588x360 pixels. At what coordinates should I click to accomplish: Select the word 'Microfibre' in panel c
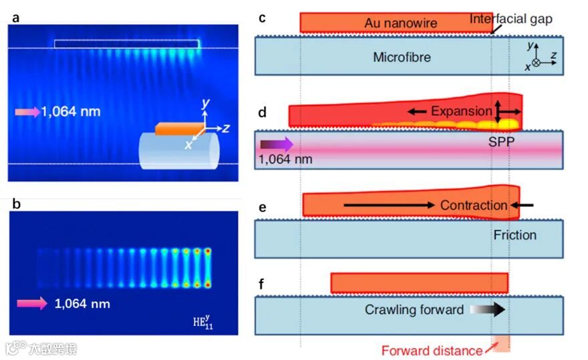[x=402, y=57]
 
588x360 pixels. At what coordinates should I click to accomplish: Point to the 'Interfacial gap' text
[x=511, y=18]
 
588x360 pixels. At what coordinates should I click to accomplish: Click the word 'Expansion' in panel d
[x=461, y=111]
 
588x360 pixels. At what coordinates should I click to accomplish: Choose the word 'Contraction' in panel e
[x=474, y=205]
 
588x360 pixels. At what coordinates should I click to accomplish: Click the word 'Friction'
[x=515, y=235]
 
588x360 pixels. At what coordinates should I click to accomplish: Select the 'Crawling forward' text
[x=414, y=310]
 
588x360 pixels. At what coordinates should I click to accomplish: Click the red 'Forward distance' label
[x=432, y=351]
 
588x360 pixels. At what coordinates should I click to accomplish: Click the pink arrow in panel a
[x=27, y=112]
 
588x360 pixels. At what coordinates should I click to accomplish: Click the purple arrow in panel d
[x=276, y=143]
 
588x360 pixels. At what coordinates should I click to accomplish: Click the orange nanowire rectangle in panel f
[x=419, y=283]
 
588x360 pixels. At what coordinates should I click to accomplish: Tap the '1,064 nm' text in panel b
[x=82, y=304]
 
